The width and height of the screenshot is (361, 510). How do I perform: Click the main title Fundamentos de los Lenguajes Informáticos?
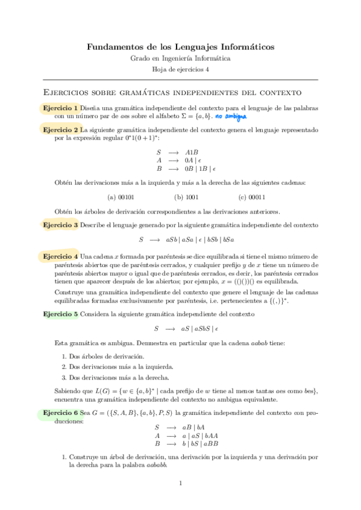pos(180,46)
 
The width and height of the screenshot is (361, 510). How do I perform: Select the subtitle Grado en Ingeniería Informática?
pos(180,58)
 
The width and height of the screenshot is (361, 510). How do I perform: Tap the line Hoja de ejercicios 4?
pos(180,70)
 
